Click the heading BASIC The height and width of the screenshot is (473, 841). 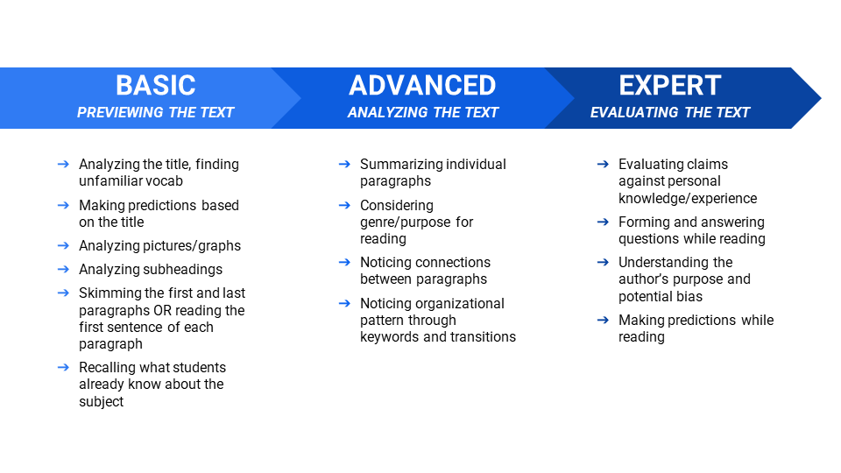[x=156, y=85]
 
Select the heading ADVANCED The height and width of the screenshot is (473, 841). [x=422, y=85]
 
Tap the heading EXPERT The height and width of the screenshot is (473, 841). [x=670, y=85]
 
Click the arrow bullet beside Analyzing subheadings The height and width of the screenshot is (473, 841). [x=63, y=269]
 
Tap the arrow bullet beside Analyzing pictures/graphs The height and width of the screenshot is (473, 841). [x=63, y=245]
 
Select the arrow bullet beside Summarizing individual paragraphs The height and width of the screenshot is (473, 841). [x=344, y=164]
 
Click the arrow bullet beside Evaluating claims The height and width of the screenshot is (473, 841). [x=603, y=164]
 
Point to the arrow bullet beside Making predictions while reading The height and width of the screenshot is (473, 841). [x=603, y=321]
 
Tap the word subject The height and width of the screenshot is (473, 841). [x=102, y=402]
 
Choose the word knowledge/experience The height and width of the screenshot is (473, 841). [x=688, y=199]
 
